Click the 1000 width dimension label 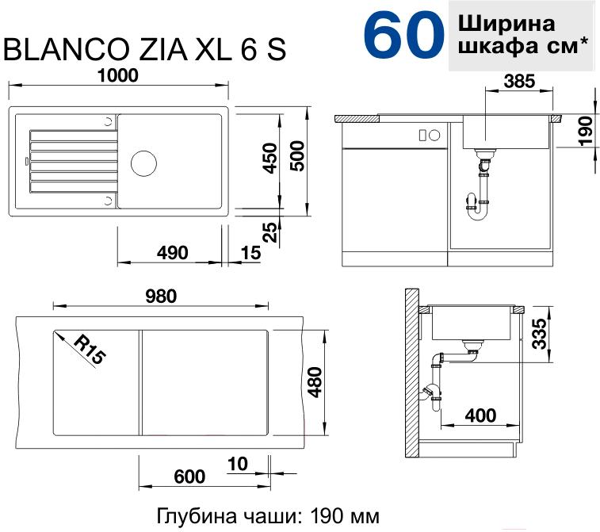118,75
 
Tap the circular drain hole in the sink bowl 143,163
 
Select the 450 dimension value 270,158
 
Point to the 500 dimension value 297,155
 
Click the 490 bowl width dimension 173,253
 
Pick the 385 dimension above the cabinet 519,81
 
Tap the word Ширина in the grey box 506,23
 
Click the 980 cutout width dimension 161,297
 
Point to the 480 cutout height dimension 315,382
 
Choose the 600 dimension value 189,477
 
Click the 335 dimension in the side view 540,333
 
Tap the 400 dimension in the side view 480,415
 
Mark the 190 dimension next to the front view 587,131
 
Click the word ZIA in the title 163,49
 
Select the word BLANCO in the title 67,49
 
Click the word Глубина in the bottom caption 197,516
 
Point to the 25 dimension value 270,232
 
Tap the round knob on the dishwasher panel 434,135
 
